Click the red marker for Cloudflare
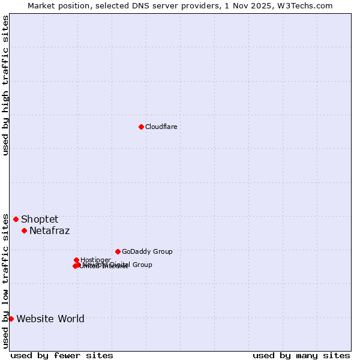click(x=141, y=127)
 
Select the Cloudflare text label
click(x=161, y=127)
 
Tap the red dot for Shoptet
click(x=16, y=219)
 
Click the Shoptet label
click(x=40, y=220)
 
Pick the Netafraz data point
click(x=24, y=230)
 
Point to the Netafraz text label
click(x=49, y=231)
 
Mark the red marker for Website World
click(x=11, y=319)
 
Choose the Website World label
click(x=50, y=319)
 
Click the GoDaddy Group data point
click(x=118, y=251)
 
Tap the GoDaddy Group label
click(x=147, y=252)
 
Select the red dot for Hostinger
click(x=76, y=260)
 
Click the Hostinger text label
click(x=95, y=260)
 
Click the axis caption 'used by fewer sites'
click(x=62, y=355)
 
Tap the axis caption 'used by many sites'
click(x=301, y=355)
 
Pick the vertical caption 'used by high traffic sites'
click(x=5, y=85)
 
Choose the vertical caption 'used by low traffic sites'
click(x=5, y=281)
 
